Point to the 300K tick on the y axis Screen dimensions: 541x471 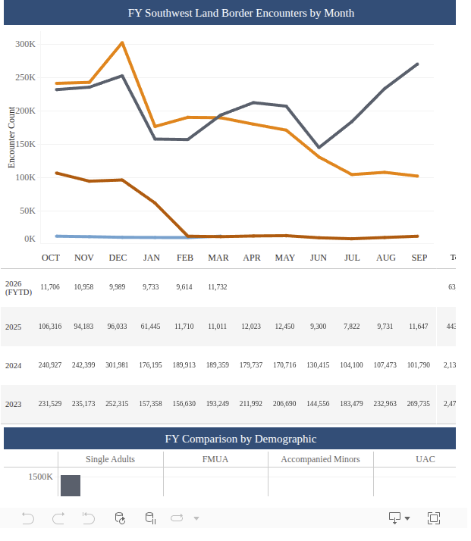tap(26, 45)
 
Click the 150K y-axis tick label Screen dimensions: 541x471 tap(26, 144)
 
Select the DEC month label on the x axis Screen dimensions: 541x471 tap(118, 258)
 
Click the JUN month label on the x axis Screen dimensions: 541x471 tap(319, 258)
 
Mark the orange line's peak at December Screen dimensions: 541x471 tap(122, 42)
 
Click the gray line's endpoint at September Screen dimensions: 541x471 tap(417, 64)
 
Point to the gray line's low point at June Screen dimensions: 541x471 tap(319, 147)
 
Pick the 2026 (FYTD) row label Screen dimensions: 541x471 tap(15, 287)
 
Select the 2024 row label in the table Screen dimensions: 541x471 tap(13, 365)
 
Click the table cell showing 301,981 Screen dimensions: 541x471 tap(118, 365)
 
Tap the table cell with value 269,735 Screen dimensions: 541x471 tap(419, 404)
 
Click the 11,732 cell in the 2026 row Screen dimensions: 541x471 tap(218, 287)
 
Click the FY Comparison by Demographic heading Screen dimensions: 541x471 tap(230, 439)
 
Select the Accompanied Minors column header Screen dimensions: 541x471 tap(320, 459)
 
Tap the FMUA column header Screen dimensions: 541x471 tap(215, 459)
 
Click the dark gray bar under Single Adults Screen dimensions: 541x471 tap(71, 486)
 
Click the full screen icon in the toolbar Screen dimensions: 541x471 tap(434, 518)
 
